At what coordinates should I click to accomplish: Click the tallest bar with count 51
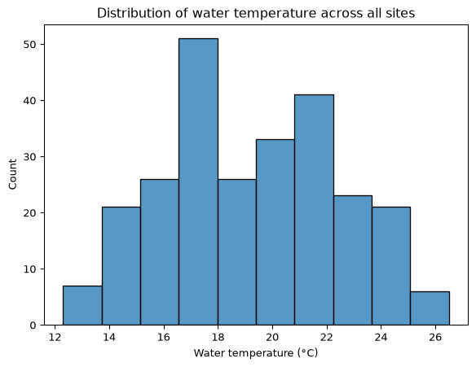tap(198, 181)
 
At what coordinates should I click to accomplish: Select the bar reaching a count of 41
tap(314, 210)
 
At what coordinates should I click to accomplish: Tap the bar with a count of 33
tap(275, 232)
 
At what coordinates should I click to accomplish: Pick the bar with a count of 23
tap(353, 260)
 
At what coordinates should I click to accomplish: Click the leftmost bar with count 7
tap(82, 305)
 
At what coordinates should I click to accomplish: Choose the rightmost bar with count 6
tap(430, 308)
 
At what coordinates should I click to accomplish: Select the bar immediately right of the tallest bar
tap(237, 252)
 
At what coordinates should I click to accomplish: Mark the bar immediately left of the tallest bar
tap(160, 252)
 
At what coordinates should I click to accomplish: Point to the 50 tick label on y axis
tap(29, 45)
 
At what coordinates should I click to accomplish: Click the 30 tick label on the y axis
tap(29, 157)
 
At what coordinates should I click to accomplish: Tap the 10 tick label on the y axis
tap(29, 269)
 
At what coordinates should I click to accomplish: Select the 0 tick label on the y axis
tap(33, 325)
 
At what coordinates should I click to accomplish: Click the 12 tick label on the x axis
tap(55, 338)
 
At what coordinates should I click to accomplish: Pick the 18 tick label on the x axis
tap(218, 338)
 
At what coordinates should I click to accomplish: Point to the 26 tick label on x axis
tap(435, 338)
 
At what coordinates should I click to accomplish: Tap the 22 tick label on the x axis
tap(327, 338)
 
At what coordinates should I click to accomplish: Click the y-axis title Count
tap(12, 175)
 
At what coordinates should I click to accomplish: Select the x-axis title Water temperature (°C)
tap(256, 353)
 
